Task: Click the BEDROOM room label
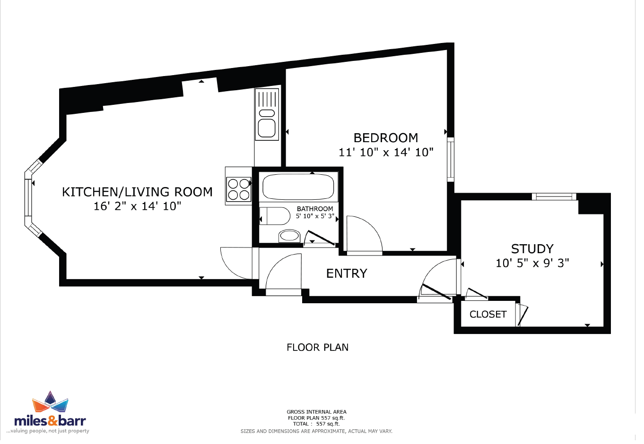coord(385,138)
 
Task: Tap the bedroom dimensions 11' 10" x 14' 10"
coord(386,152)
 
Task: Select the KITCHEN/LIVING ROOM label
coord(137,192)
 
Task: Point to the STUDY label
coord(532,249)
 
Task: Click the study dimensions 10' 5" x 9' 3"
coord(532,263)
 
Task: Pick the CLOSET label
coord(488,315)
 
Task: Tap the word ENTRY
coord(347,273)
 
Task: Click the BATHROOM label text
coord(315,209)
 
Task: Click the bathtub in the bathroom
coord(298,187)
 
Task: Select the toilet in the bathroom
coord(275,216)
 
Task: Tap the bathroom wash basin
coord(289,236)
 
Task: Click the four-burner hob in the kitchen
coord(239,189)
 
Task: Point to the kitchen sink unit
coord(267,114)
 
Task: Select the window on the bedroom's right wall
coord(451,159)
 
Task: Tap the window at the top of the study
coord(554,196)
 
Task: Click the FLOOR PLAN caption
coord(317,348)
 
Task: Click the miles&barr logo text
coord(50,421)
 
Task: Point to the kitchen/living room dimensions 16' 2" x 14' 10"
coord(137,206)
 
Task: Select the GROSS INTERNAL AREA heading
coord(316,412)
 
